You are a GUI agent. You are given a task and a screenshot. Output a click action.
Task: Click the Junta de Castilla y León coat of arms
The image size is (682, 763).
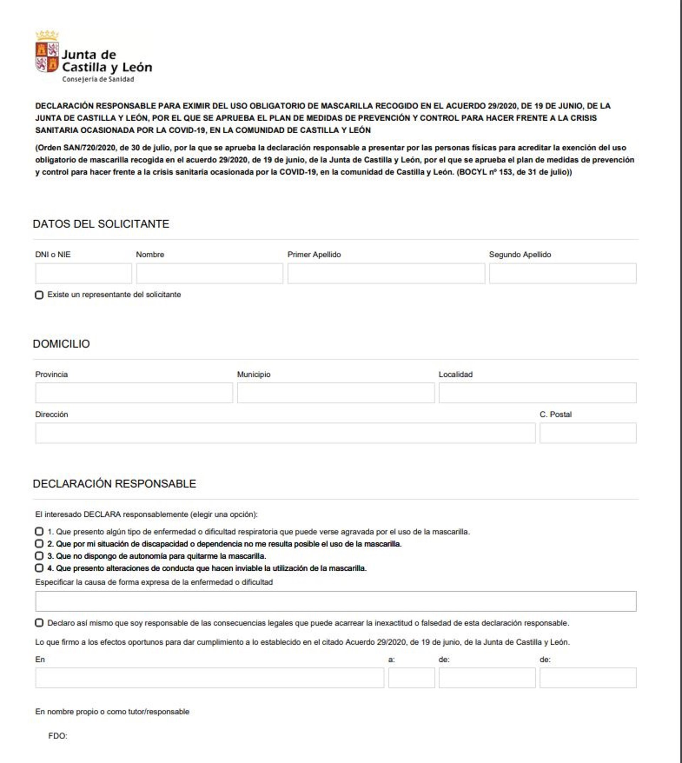tap(47, 52)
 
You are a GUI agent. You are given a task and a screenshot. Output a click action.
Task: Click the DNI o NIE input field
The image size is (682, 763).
tap(83, 273)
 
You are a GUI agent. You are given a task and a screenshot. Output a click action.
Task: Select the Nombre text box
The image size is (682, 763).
tap(210, 273)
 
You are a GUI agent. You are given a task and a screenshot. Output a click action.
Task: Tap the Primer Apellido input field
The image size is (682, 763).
tap(386, 273)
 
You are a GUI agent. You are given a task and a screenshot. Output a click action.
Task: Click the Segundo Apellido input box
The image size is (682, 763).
tap(562, 273)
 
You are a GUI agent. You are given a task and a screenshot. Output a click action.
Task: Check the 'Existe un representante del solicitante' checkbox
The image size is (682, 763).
tap(39, 295)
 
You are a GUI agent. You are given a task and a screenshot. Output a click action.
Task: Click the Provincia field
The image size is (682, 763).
tap(134, 393)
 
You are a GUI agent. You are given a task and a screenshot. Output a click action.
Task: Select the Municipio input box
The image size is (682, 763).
tap(336, 393)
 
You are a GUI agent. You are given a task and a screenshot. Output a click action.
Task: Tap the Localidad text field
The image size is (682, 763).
tap(537, 393)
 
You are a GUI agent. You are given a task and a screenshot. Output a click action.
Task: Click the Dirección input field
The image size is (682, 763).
tap(285, 433)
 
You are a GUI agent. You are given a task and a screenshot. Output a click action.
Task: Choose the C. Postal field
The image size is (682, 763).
tap(588, 433)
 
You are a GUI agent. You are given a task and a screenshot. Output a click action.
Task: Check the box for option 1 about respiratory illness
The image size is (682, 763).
tap(39, 532)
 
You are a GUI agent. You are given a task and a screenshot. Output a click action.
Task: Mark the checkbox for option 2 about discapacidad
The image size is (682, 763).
tap(39, 544)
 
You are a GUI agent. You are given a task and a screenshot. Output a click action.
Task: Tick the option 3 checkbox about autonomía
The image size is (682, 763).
tap(39, 556)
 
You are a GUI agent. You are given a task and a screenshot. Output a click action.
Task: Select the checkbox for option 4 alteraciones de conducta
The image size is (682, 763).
tap(39, 568)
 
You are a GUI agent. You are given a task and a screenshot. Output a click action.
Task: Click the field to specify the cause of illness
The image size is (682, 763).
tap(336, 601)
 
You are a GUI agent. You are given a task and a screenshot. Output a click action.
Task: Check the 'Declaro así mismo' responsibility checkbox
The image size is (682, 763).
tap(39, 623)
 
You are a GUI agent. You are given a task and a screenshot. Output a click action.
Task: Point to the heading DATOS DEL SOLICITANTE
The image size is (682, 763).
tap(101, 224)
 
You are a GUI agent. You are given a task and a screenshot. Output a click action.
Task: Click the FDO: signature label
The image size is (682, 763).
tap(58, 736)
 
